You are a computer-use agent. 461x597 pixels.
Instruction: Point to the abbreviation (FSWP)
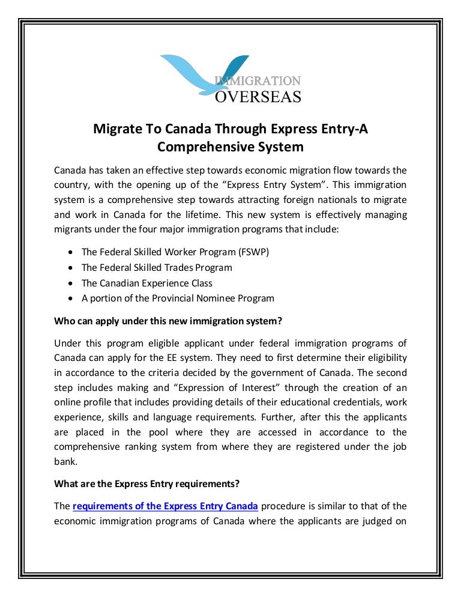252,252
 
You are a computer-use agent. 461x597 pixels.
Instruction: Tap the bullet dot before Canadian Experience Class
71,283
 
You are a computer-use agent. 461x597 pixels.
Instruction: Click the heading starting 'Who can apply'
168,321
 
